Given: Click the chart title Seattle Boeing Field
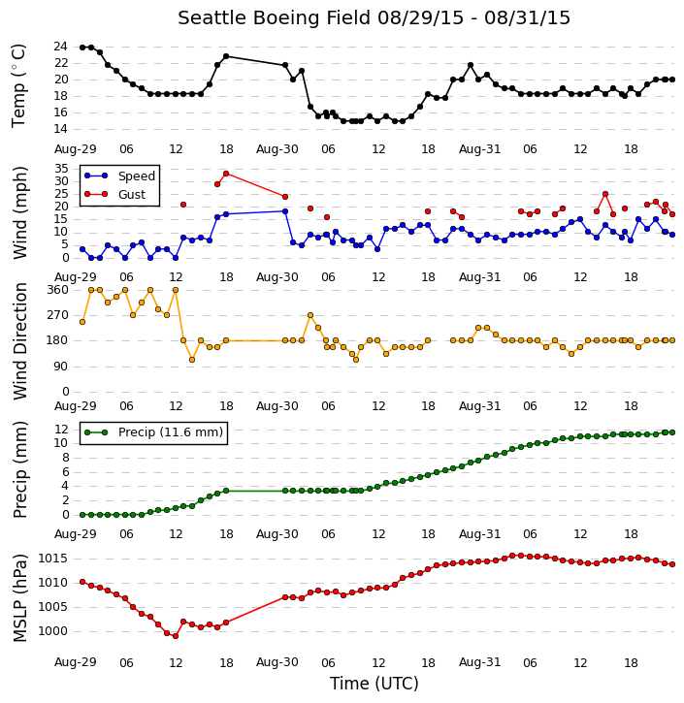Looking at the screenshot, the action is point(274,18).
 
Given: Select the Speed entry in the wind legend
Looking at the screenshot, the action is point(137,176).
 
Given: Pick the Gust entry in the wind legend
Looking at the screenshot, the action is point(132,195).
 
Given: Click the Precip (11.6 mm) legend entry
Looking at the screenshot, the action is point(171,432).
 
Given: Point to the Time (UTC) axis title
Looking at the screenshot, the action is point(375,684).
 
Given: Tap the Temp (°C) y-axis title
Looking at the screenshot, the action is point(18,85).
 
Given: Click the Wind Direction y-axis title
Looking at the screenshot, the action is point(20,340).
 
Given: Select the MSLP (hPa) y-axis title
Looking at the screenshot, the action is point(19,598).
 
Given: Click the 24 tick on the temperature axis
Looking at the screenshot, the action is point(60,47).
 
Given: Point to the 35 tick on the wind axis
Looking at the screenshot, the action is point(60,169).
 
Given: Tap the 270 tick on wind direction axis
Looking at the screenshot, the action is point(58,315).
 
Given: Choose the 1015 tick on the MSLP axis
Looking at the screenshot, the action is point(53,559).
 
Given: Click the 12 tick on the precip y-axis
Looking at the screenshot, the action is point(61,430).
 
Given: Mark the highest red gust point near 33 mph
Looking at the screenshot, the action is point(226,174).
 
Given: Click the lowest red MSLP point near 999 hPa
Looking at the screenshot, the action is point(176,636).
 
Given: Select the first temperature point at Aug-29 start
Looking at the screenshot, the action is point(82,48).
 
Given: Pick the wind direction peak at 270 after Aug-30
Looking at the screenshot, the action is point(310,315).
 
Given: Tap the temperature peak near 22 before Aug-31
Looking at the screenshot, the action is point(471,65).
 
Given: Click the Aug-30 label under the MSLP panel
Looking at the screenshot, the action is point(277,662).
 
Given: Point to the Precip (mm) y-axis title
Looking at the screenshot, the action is point(20,469).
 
